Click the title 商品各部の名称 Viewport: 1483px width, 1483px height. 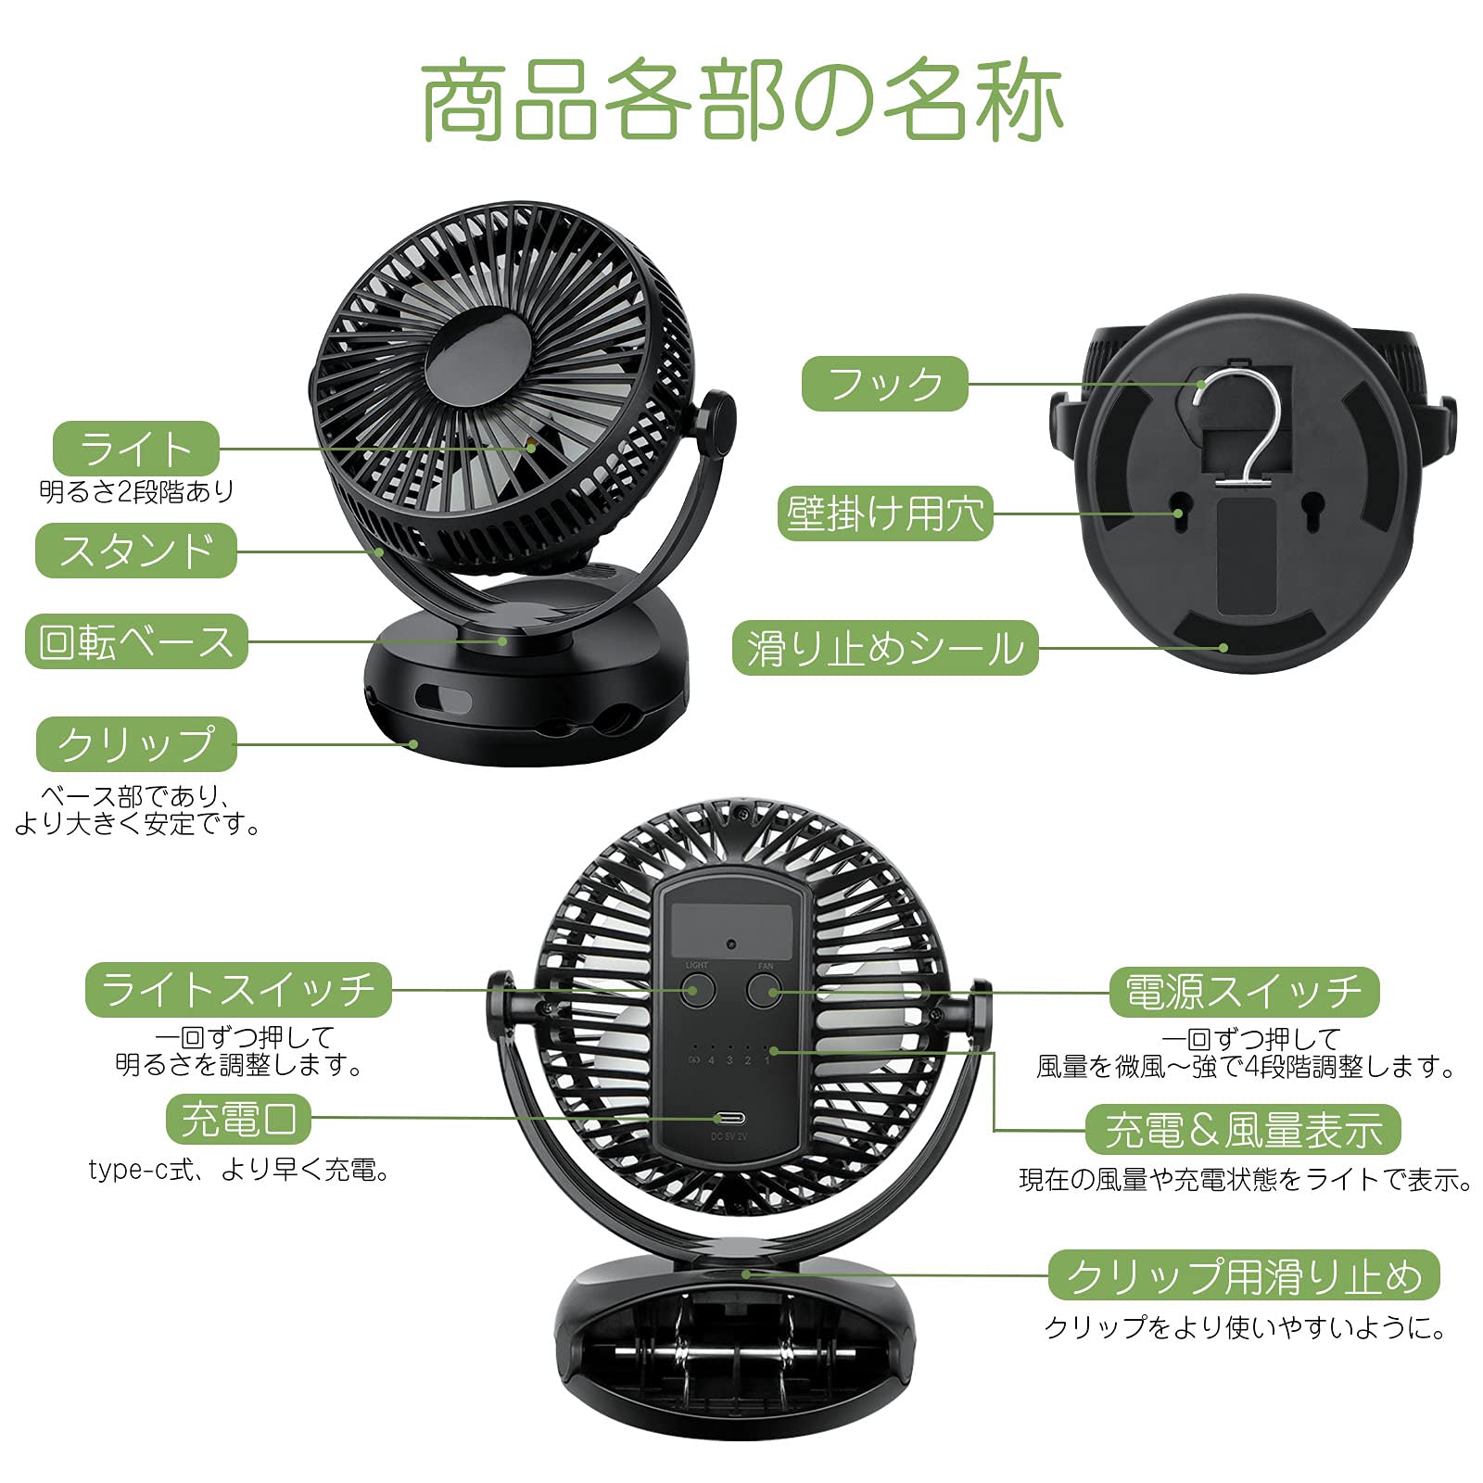(741, 100)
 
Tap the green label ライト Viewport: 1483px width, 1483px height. (136, 449)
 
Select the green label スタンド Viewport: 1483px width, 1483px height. (136, 551)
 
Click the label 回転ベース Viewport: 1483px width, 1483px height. (136, 641)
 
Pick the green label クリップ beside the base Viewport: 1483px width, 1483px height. (136, 744)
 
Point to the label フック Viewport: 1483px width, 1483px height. (884, 384)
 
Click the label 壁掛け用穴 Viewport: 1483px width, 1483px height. (884, 513)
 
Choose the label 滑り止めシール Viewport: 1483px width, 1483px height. (884, 648)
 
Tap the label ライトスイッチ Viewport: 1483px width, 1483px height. (238, 990)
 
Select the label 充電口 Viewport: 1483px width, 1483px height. (238, 1119)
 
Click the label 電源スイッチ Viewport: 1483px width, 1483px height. (1244, 992)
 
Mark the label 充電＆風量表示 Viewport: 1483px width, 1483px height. (1242, 1130)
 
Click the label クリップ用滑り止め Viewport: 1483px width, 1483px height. (1243, 1275)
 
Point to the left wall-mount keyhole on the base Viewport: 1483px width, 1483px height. (1179, 513)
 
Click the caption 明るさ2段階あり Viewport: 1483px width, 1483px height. (136, 491)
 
